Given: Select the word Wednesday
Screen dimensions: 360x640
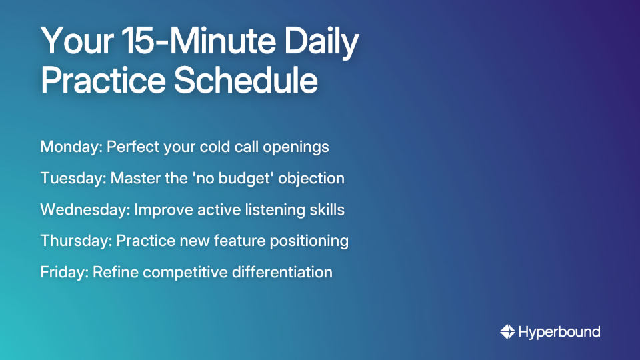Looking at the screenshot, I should [x=84, y=209].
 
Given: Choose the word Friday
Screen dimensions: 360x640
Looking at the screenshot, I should [x=63, y=272].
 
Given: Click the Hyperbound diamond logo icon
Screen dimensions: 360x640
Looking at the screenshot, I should [x=507, y=331].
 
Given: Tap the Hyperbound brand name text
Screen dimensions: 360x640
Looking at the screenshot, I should [x=559, y=331].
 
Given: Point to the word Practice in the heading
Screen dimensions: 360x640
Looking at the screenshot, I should [x=102, y=80].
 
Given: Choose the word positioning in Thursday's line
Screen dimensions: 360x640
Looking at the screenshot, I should [x=311, y=241].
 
